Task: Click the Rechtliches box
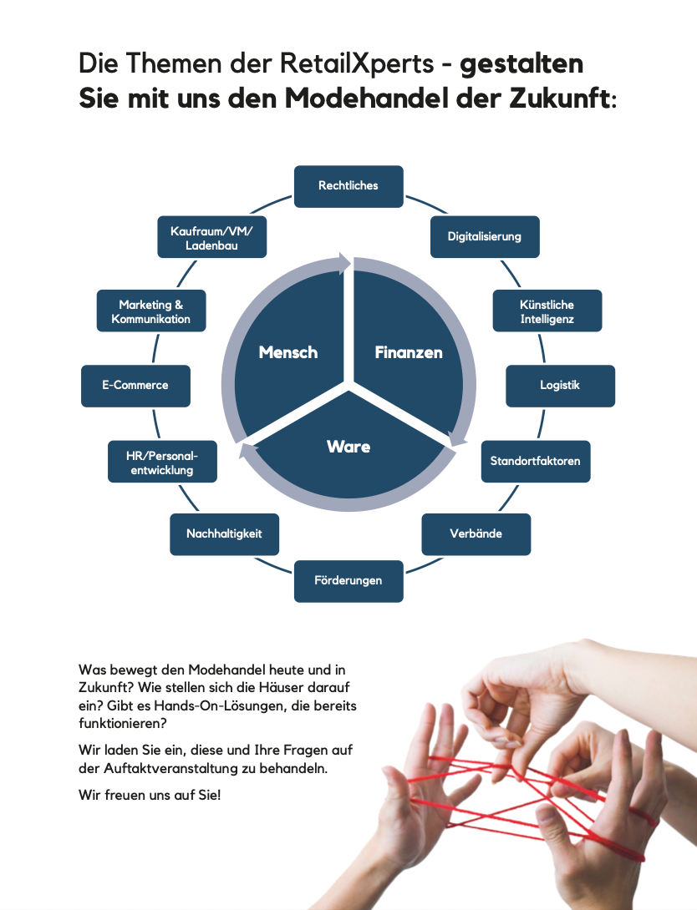(348, 186)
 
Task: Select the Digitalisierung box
(485, 237)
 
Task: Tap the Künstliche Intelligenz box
(547, 311)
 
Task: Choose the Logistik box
(560, 386)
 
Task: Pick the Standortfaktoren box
(535, 461)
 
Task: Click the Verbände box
(476, 533)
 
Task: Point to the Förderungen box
(348, 580)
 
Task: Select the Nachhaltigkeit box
(224, 533)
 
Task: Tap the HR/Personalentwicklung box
(163, 462)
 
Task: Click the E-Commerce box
(135, 386)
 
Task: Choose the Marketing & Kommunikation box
(151, 311)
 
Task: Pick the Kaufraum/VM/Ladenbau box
(211, 237)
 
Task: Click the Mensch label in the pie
(288, 352)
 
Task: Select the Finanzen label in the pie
(409, 352)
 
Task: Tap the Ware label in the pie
(348, 447)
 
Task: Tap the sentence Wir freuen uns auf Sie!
(150, 795)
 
